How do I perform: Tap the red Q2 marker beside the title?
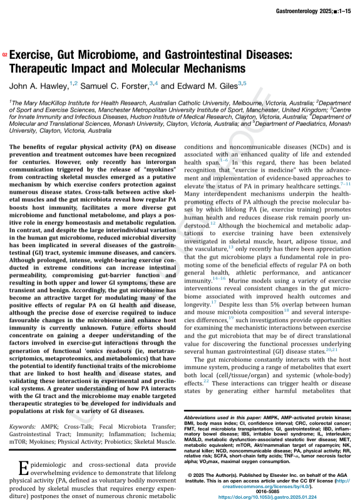6,55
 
